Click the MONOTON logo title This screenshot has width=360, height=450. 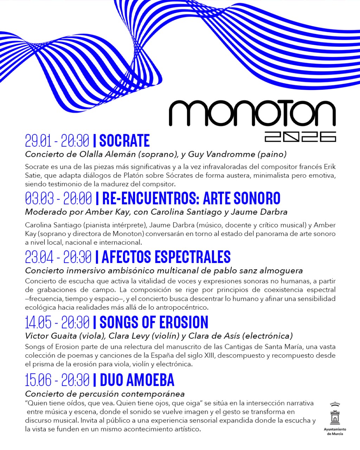pyautogui.click(x=252, y=113)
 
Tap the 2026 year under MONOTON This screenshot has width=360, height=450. pyautogui.click(x=300, y=137)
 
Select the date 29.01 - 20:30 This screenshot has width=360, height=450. pyautogui.click(x=57, y=141)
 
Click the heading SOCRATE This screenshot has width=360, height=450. pyautogui.click(x=124, y=141)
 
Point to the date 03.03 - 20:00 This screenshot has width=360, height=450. pyautogui.click(x=58, y=199)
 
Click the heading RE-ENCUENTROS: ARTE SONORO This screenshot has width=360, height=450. pyautogui.click(x=191, y=199)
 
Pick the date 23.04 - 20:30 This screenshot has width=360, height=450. pyautogui.click(x=58, y=257)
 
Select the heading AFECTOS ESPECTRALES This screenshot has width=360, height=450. pyautogui.click(x=166, y=257)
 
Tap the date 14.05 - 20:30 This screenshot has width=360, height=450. pyautogui.click(x=57, y=322)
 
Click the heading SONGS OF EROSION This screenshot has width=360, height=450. pyautogui.click(x=154, y=322)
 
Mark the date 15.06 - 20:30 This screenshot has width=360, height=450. pyautogui.click(x=57, y=380)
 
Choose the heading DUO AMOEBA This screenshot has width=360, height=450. pyautogui.click(x=137, y=380)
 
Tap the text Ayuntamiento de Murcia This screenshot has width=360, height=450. pyautogui.click(x=335, y=431)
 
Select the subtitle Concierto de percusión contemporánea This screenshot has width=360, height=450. pyautogui.click(x=105, y=394)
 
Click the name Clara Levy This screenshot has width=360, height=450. pyautogui.click(x=127, y=336)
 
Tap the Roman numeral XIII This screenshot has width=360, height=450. pyautogui.click(x=208, y=355)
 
